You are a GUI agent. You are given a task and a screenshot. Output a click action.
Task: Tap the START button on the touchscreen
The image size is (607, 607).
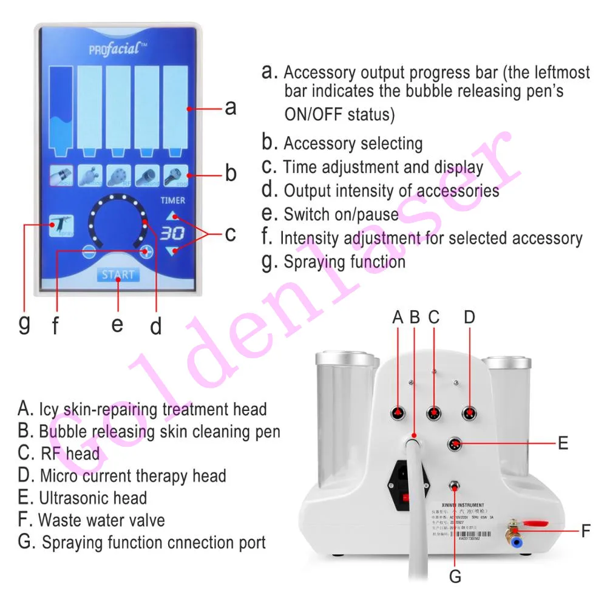click(118, 274)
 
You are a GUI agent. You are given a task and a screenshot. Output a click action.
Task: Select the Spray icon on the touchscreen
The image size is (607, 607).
click(61, 226)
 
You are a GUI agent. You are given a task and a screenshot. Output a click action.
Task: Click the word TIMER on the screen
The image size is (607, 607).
click(173, 200)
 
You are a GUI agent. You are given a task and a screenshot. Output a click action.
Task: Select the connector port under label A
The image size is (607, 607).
click(398, 413)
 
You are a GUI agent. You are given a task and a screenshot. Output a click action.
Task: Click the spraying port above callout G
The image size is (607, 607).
click(453, 486)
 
